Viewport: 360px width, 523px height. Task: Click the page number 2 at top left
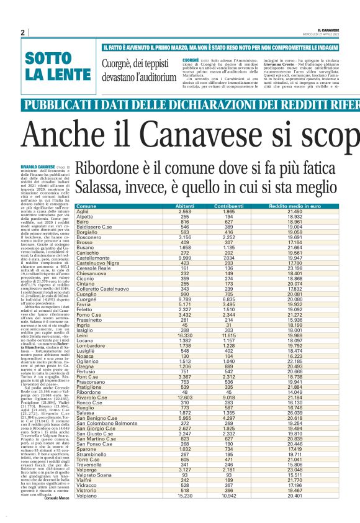coord(22,32)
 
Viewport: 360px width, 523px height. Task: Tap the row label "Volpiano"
coord(88,512)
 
